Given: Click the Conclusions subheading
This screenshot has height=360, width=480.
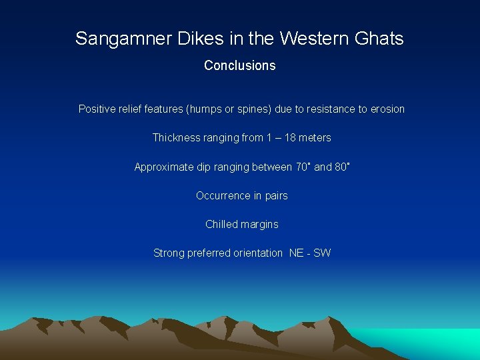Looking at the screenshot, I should point(239,65).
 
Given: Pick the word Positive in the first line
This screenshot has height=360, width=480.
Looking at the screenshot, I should point(97,109).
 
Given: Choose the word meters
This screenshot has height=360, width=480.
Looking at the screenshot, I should point(315,137).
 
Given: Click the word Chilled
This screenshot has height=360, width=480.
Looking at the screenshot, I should point(221,224).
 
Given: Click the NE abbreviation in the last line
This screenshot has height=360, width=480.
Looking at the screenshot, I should point(296,253).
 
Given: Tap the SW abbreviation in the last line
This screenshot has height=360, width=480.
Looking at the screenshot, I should point(322,253).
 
